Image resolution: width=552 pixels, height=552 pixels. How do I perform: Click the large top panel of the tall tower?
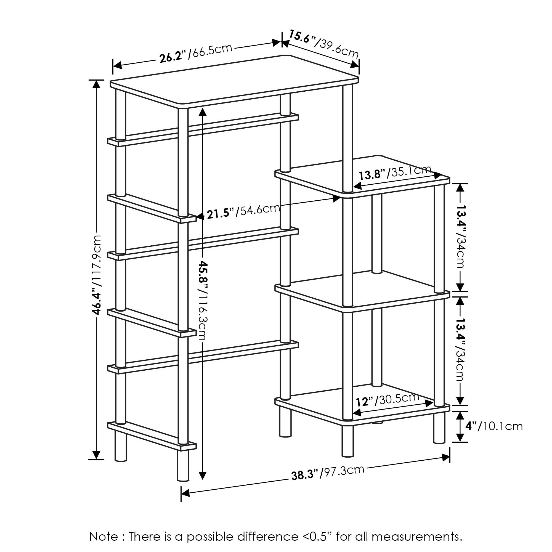point(234,81)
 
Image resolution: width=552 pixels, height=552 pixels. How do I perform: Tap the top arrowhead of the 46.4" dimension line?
point(97,84)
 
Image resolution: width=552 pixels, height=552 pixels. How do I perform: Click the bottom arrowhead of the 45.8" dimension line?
point(202,476)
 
